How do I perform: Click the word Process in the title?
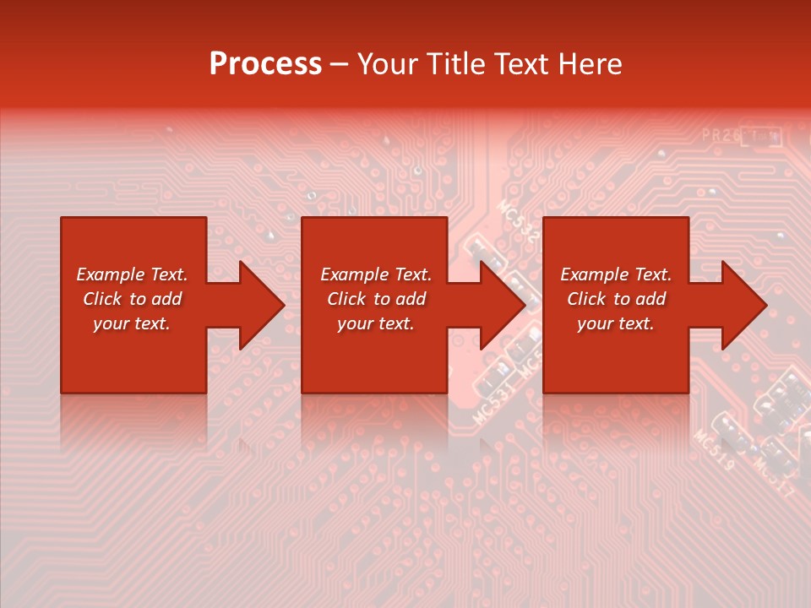[x=265, y=64]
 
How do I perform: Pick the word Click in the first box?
[x=102, y=299]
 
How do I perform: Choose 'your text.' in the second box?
[x=375, y=323]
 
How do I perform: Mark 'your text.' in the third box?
[x=615, y=323]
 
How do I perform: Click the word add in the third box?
[x=650, y=299]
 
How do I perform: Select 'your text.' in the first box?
[x=131, y=323]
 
